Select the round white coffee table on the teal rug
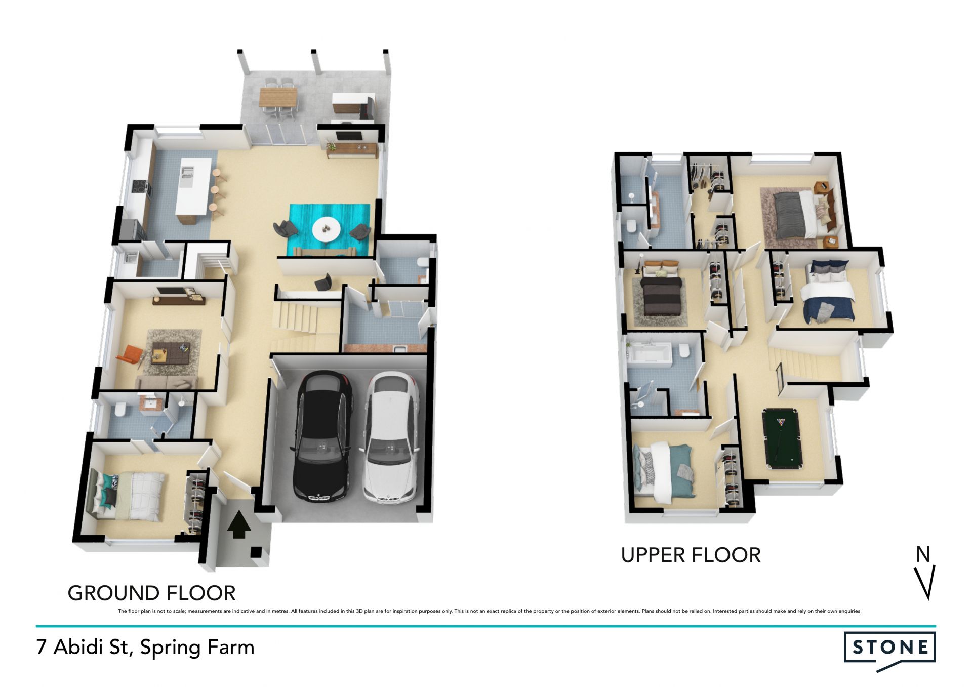(326, 229)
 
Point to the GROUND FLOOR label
(152, 593)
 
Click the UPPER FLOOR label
(691, 555)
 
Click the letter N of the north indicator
(923, 554)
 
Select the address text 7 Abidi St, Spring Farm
(145, 648)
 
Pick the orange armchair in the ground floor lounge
(130, 354)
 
